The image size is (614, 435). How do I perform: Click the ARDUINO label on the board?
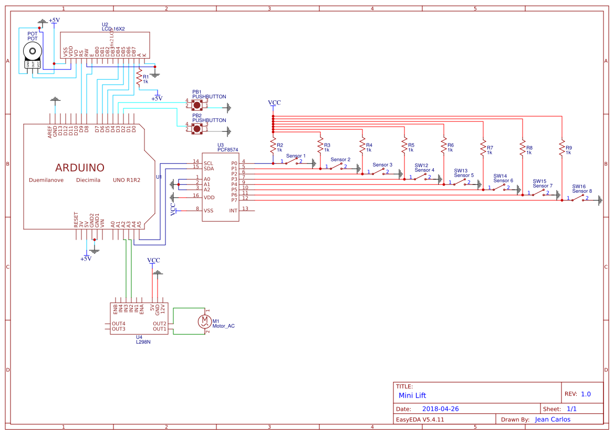pos(80,168)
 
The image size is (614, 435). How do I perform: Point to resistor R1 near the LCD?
pos(139,78)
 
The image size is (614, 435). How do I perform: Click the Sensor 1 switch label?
pos(296,156)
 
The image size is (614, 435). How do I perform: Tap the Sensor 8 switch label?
pos(582,191)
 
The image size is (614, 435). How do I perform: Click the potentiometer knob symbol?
pos(33,51)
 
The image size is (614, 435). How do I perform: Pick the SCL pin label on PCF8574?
pos(209,162)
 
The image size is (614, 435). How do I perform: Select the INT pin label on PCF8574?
pos(233,211)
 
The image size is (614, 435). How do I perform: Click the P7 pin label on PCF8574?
pos(234,200)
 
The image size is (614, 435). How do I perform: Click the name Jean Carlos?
pos(552,419)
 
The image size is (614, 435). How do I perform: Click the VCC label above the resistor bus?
pos(274,102)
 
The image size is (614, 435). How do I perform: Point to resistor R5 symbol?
pos(404,144)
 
